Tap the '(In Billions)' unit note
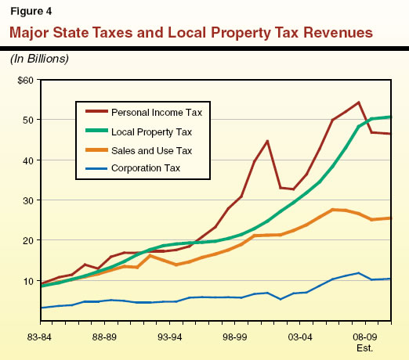(38, 58)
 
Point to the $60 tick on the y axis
(24, 80)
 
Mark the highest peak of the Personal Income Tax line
(358, 103)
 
